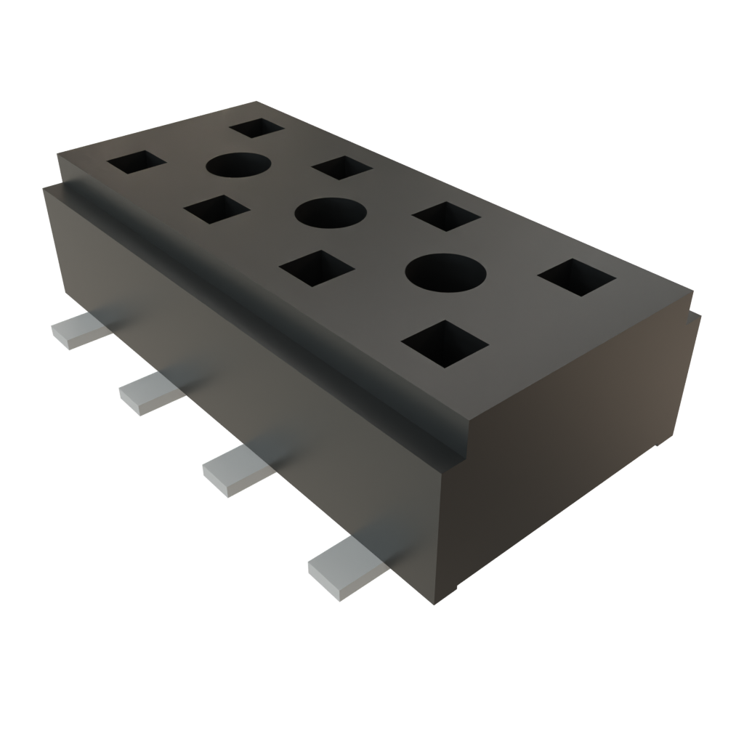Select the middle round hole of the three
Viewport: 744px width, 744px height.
point(330,213)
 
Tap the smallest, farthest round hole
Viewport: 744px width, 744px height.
point(238,166)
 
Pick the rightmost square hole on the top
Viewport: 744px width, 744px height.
point(577,278)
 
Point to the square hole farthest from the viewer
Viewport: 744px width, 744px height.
point(256,128)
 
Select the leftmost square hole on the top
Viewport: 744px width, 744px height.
point(137,162)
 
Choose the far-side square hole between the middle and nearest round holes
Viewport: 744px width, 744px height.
point(445,217)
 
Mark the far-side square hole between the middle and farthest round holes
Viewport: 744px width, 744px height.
point(341,168)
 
